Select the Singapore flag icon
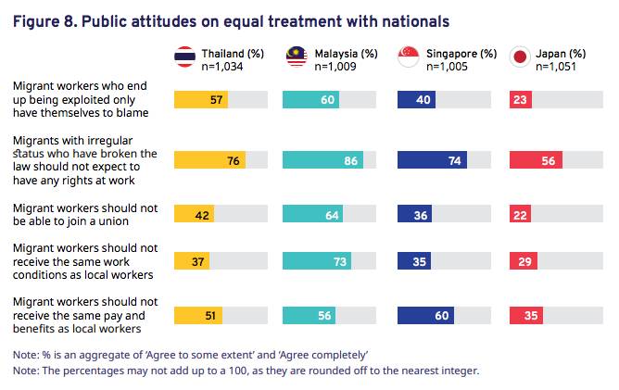click(x=410, y=58)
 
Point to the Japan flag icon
click(x=520, y=58)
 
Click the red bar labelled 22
click(x=521, y=214)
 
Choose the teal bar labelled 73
click(x=317, y=262)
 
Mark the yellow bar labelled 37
click(x=193, y=262)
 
